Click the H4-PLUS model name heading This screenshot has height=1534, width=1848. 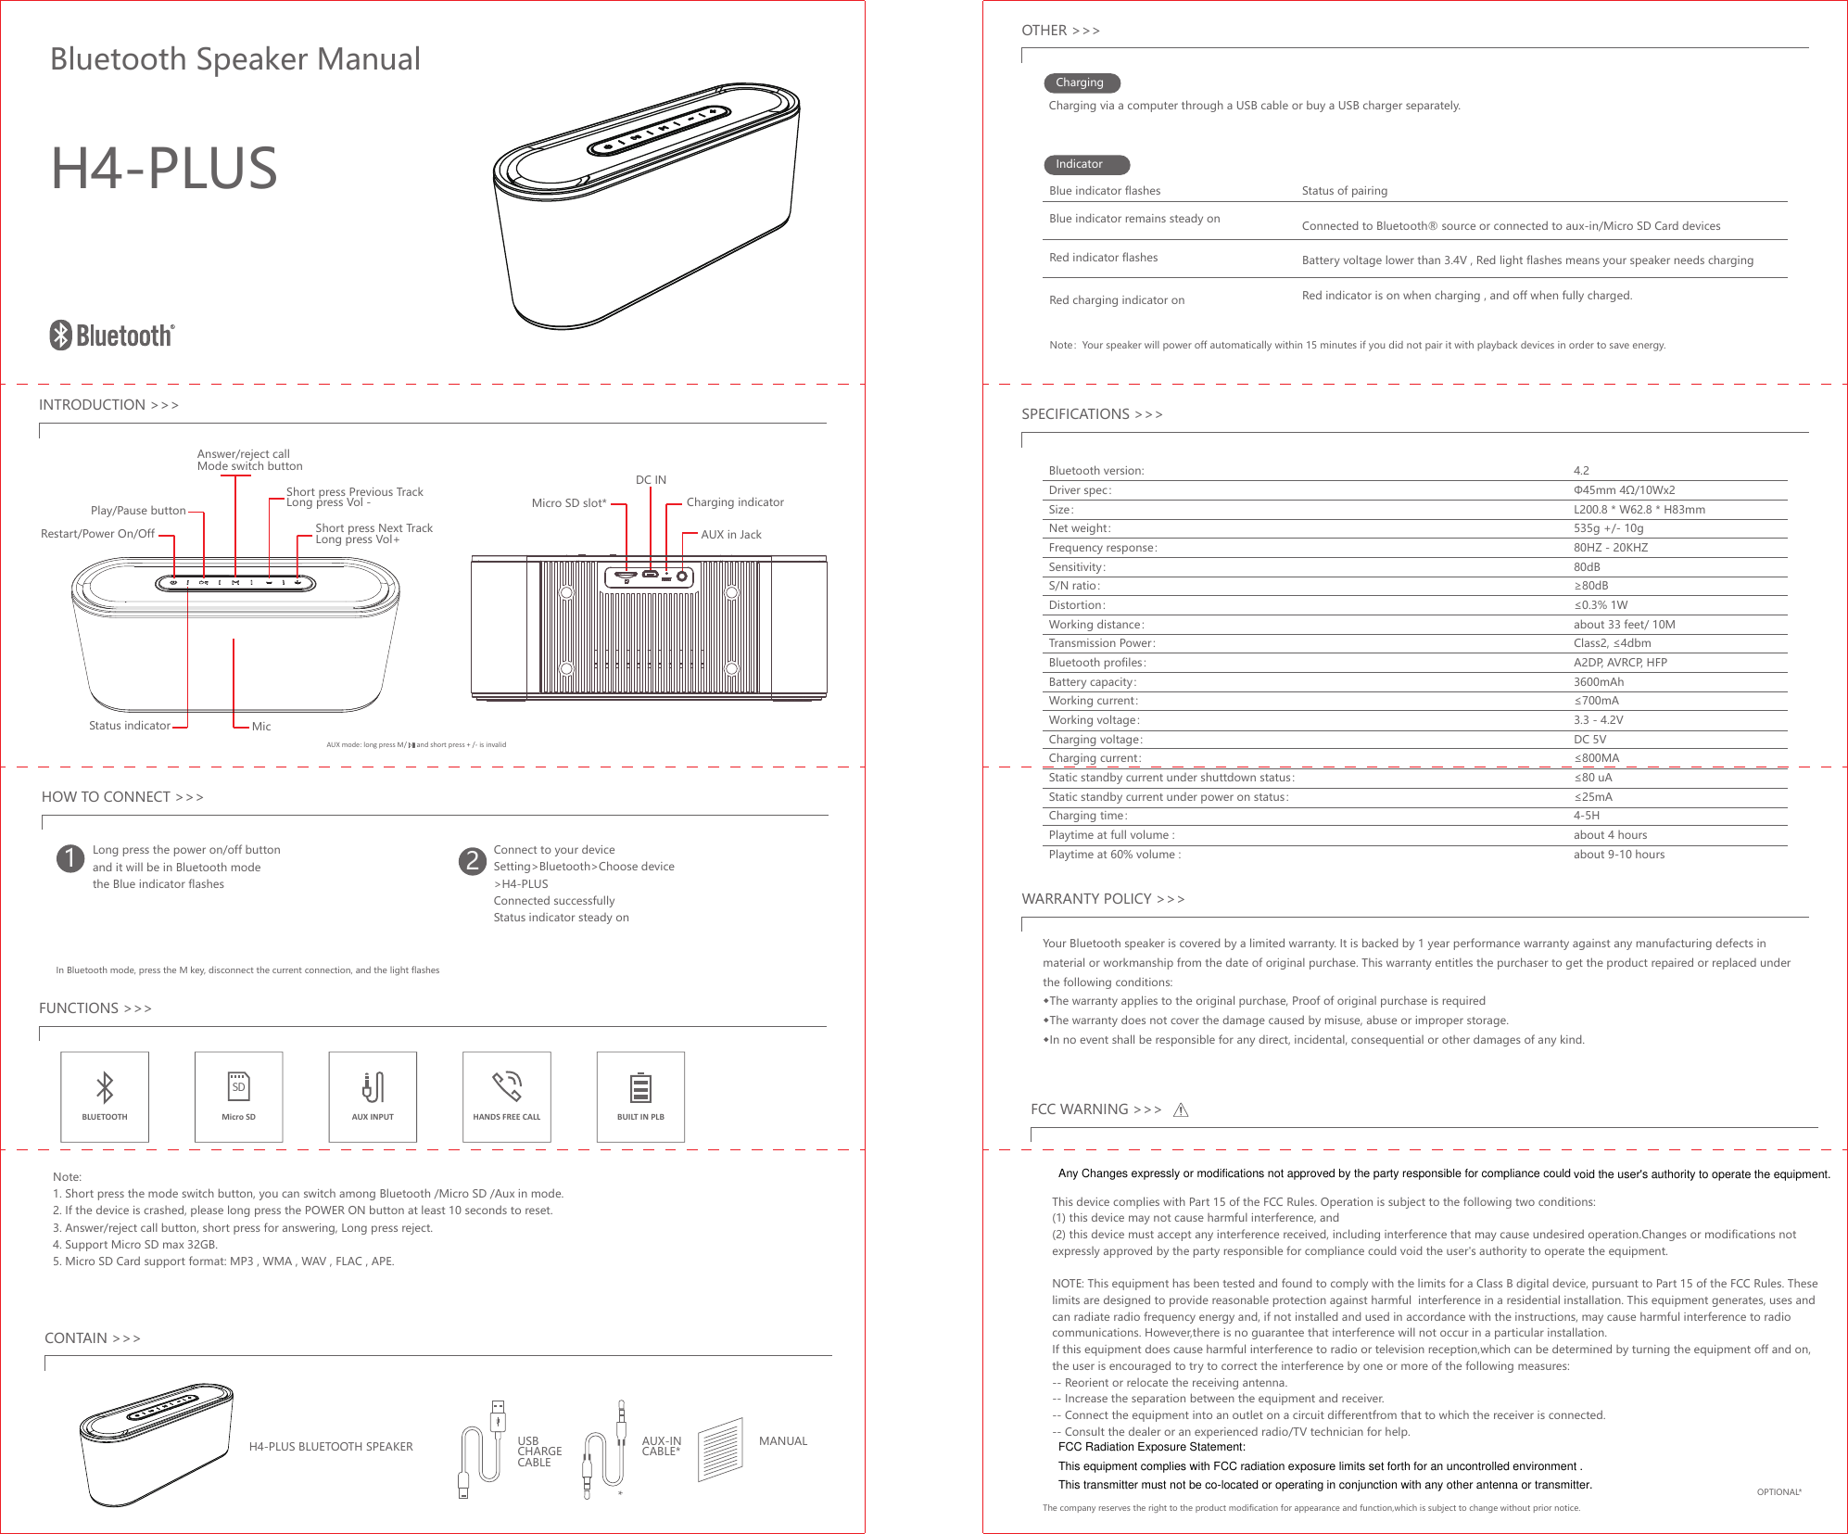(x=164, y=169)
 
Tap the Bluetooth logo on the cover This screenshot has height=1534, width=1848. (x=112, y=335)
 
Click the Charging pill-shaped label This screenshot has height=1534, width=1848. (x=1082, y=83)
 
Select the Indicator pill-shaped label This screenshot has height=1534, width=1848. (x=1085, y=165)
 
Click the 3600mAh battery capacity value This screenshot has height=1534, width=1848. (x=1598, y=682)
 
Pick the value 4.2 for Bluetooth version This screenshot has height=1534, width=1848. (x=1581, y=471)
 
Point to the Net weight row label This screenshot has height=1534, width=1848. (x=1079, y=528)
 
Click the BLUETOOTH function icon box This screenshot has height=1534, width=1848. (x=105, y=1097)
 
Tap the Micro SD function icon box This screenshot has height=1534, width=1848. (x=238, y=1097)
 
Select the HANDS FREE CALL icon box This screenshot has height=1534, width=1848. (x=506, y=1097)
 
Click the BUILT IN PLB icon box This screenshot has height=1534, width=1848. (x=640, y=1097)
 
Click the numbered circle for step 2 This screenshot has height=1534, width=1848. (x=473, y=860)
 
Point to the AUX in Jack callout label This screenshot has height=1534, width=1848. (x=730, y=535)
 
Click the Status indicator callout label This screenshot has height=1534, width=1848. (x=130, y=726)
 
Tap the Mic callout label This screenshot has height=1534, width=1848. (x=261, y=727)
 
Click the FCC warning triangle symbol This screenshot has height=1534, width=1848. (x=1181, y=1110)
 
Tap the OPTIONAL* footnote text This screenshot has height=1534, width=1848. (x=1778, y=1492)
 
